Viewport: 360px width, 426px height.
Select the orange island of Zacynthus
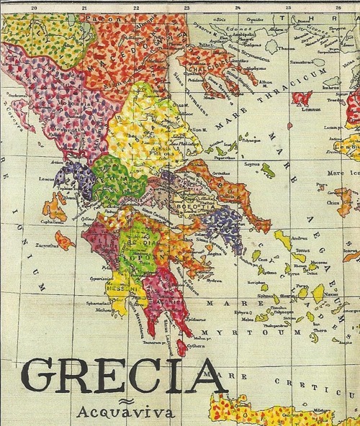click(x=64, y=240)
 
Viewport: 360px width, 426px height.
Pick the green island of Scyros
click(x=267, y=170)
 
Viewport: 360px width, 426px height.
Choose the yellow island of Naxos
click(x=318, y=291)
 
